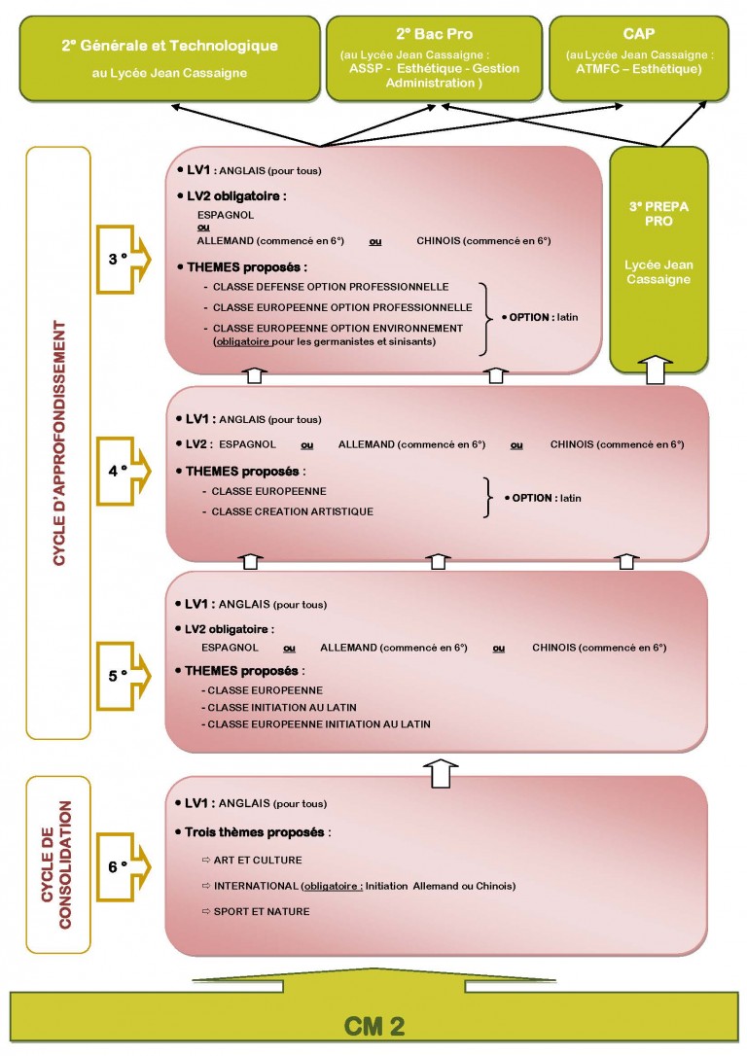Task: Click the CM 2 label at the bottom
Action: tap(373, 1026)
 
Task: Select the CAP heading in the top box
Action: tap(638, 34)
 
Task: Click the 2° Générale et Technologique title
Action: tap(169, 46)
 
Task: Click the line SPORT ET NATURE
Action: tap(262, 911)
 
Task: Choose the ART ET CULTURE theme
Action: tap(258, 860)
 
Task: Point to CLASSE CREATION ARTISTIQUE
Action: tap(293, 511)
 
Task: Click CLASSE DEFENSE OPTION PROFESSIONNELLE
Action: tap(331, 287)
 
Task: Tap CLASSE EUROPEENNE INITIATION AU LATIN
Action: tap(318, 724)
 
